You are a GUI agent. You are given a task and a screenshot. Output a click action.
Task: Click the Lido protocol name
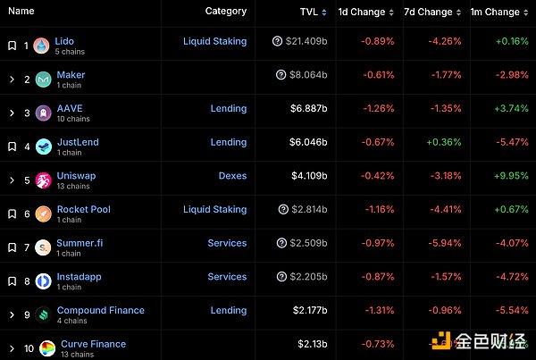click(64, 41)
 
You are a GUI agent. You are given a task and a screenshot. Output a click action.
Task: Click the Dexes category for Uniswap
click(232, 176)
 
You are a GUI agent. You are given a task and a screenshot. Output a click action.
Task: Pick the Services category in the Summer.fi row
click(227, 243)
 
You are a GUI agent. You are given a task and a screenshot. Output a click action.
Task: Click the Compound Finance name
click(100, 310)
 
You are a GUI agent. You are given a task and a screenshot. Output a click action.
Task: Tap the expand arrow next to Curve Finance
click(12, 348)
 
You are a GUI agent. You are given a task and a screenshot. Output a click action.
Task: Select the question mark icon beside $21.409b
click(280, 42)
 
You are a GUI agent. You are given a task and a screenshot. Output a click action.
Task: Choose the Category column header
click(225, 12)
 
